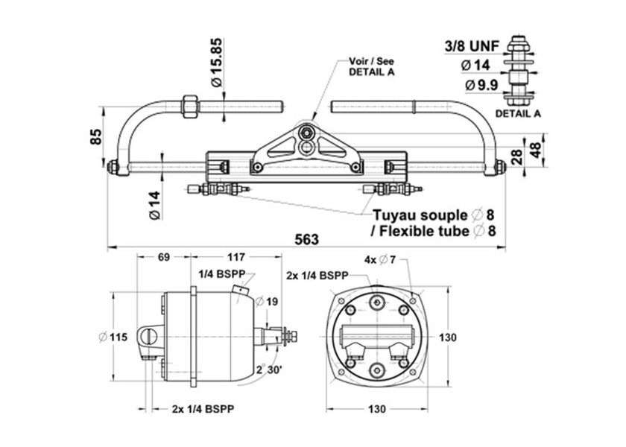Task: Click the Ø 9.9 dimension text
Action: point(480,85)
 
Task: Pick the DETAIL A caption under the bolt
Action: point(518,113)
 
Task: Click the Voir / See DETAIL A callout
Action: point(371,66)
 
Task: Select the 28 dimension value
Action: point(516,156)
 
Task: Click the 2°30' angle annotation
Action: point(268,370)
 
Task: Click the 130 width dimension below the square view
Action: point(376,409)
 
